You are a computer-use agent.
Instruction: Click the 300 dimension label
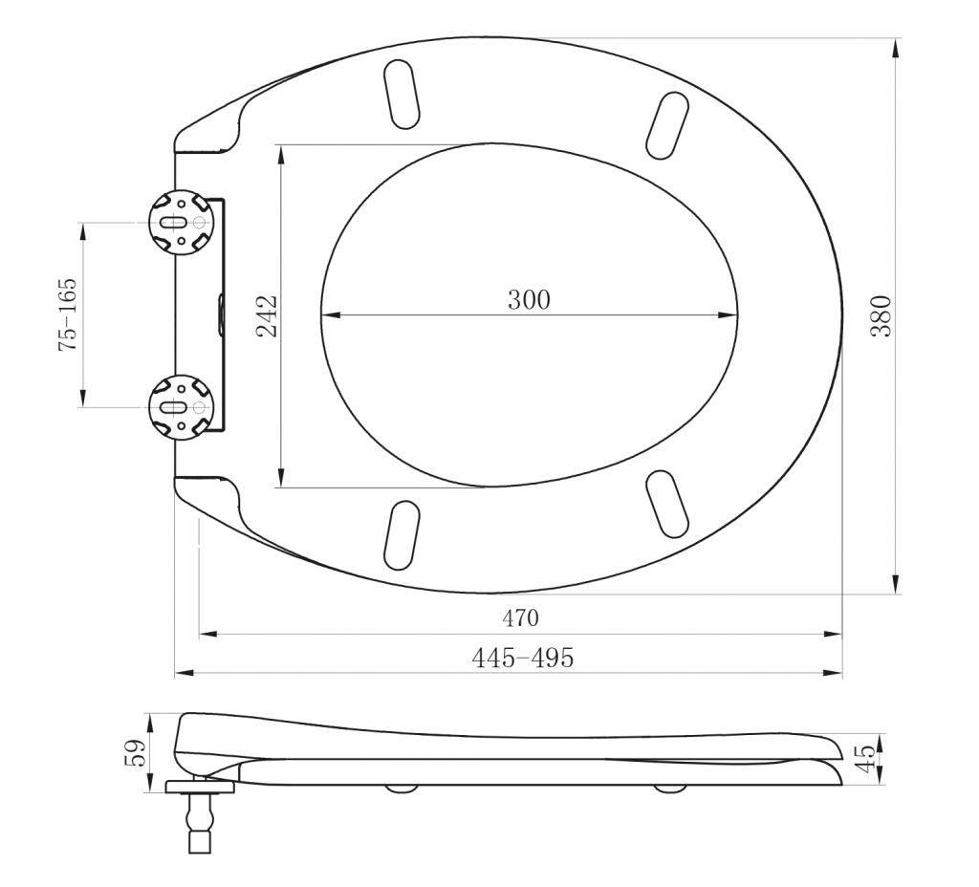529,299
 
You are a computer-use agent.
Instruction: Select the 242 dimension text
268,315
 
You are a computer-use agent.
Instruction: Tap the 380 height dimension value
881,315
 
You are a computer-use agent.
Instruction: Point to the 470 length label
520,618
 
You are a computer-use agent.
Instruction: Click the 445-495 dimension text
522,658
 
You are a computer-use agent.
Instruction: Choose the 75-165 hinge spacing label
68,314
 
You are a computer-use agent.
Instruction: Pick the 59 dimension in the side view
136,753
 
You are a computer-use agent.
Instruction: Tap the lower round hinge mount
182,407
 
